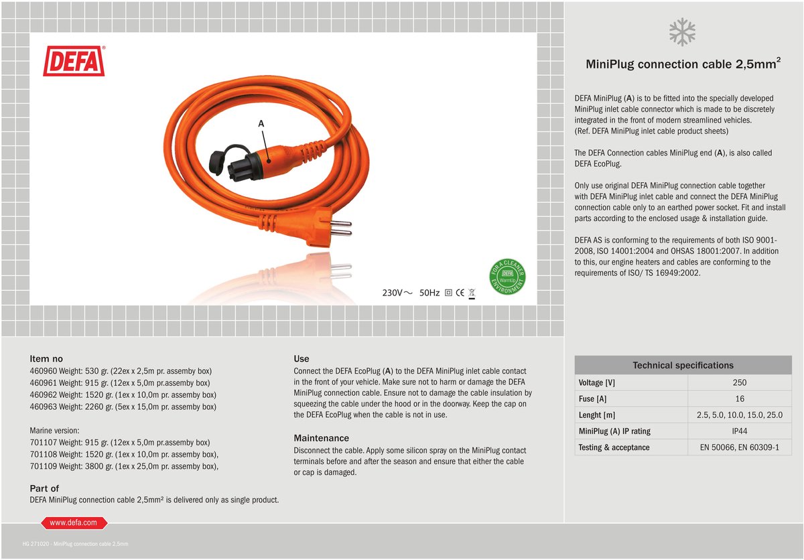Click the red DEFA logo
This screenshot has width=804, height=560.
pos(74,61)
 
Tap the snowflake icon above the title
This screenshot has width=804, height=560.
pos(683,32)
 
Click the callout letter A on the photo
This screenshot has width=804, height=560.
pos(261,124)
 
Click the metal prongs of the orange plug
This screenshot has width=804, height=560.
pos(342,225)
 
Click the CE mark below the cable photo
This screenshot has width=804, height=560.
pos(460,293)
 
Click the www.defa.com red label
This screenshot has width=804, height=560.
pos(74,522)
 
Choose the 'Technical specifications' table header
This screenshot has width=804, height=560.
pos(683,365)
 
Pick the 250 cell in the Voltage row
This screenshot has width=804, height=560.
pos(739,382)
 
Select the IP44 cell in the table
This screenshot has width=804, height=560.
pos(739,431)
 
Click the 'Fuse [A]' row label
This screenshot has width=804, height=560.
pos(592,399)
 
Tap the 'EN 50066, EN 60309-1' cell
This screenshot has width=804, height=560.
pos(739,447)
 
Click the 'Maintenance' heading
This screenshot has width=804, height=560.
pos(321,438)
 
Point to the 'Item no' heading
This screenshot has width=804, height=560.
pos(46,358)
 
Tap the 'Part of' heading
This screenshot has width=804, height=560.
pos(44,488)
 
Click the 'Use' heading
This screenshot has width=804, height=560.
pos(301,358)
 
